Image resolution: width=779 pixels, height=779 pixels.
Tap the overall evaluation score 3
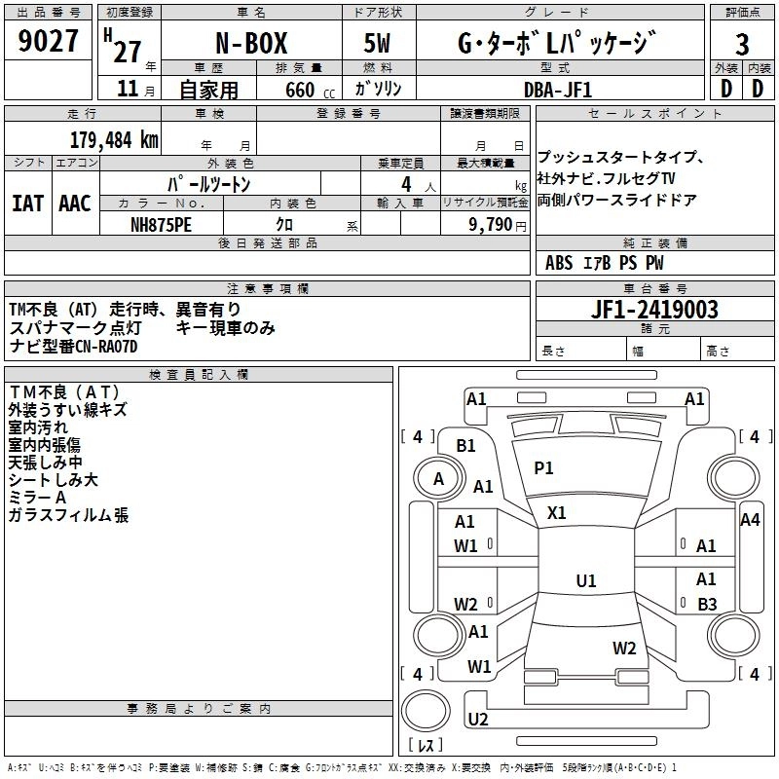742,45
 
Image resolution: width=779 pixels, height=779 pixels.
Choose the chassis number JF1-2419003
654,310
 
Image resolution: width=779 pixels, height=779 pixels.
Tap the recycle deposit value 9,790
491,224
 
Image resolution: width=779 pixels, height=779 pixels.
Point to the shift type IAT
27,204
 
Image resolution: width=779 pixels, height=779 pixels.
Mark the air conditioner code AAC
75,204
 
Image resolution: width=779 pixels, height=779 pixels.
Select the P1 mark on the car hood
543,468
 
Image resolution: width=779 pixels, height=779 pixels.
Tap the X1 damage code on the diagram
557,512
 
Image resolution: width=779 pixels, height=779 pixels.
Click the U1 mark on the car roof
585,580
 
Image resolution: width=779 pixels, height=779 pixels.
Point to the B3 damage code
707,604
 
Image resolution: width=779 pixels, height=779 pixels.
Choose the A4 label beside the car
750,520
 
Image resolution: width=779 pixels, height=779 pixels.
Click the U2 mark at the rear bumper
477,719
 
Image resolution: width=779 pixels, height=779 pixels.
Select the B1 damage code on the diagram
466,446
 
